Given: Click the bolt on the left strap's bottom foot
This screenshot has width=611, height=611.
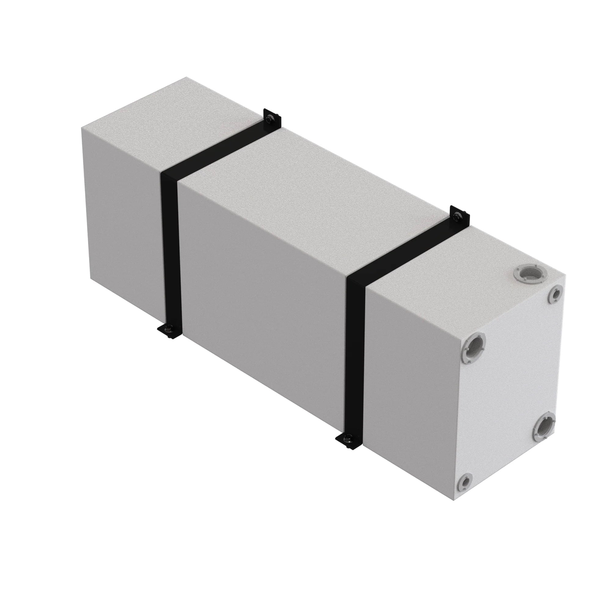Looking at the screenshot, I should [168, 330].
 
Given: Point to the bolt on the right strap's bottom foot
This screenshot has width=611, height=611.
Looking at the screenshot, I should [348, 438].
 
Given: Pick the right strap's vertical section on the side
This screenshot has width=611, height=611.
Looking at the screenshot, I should [356, 357].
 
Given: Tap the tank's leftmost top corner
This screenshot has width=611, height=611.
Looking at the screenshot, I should [82, 127].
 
